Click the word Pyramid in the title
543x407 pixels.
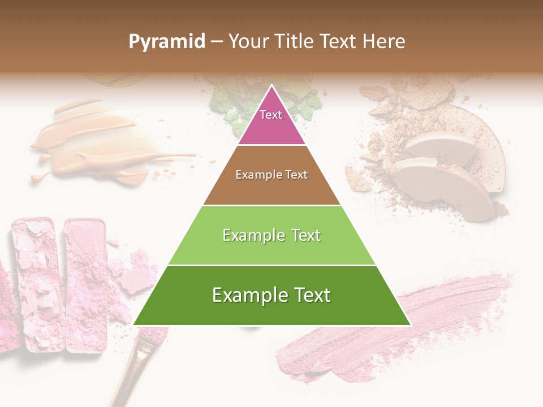tap(166, 42)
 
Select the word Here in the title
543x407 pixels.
tap(383, 41)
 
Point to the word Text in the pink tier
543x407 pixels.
tap(271, 115)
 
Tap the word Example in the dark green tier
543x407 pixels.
tap(247, 295)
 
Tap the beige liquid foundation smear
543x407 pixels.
tap(96, 141)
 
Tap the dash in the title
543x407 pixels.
tap(216, 42)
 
